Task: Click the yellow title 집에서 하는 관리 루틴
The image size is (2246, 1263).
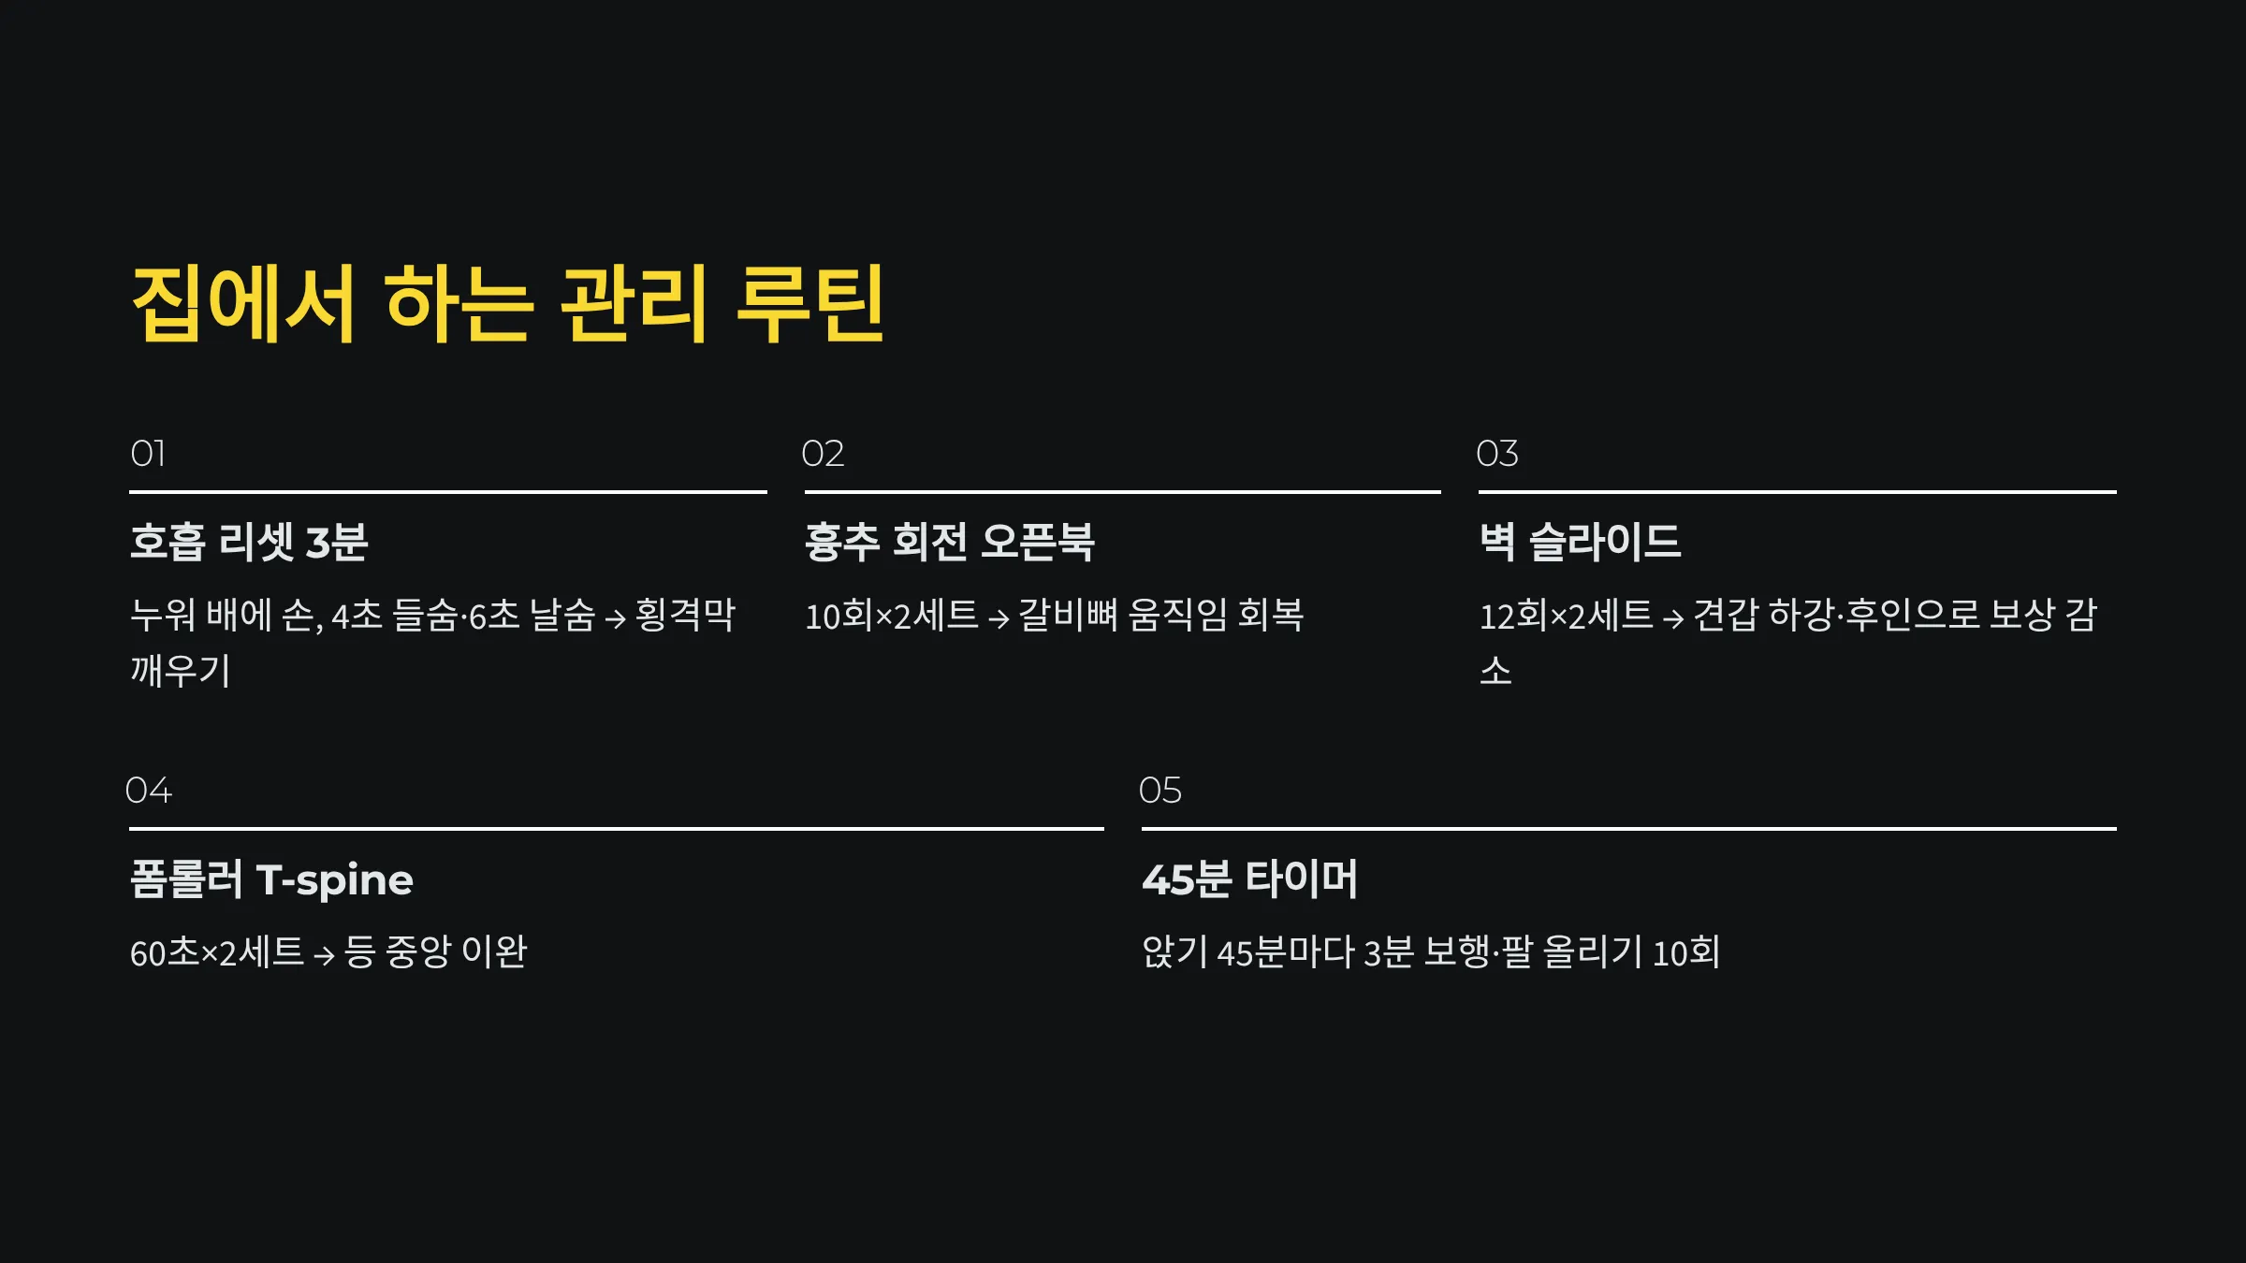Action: [x=508, y=304]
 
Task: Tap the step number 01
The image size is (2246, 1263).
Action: [x=148, y=455]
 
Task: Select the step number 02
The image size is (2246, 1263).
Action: [x=823, y=455]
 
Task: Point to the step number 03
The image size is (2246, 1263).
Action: [x=1496, y=455]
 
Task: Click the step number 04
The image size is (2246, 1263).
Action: [x=149, y=791]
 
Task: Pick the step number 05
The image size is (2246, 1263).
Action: [x=1159, y=791]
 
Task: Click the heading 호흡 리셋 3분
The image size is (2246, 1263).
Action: [x=249, y=543]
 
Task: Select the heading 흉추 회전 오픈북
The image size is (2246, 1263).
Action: [x=949, y=543]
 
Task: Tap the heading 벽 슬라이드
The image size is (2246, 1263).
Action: [x=1580, y=543]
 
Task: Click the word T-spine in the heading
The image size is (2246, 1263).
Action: [x=334, y=880]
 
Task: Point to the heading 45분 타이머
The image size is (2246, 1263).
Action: [x=1249, y=880]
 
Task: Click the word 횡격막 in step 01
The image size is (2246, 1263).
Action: [x=685, y=616]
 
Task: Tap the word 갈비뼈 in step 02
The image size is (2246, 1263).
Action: [x=1067, y=616]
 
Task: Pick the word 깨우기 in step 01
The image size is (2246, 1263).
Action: [x=181, y=671]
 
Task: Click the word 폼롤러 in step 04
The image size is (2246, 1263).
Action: [x=186, y=880]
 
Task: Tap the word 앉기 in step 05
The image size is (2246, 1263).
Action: [x=1174, y=952]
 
